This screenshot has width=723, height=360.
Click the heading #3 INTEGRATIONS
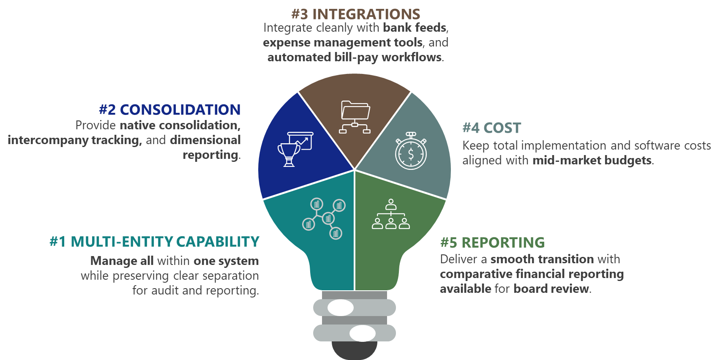(355, 14)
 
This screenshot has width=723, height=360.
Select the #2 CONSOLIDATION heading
(169, 109)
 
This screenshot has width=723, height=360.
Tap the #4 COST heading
(491, 128)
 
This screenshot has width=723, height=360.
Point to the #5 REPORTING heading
(492, 243)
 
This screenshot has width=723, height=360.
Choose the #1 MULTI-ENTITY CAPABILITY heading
(154, 241)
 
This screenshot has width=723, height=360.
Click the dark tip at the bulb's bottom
(354, 350)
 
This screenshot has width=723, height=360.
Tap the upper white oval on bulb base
(341, 308)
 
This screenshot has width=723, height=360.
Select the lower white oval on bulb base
(363, 333)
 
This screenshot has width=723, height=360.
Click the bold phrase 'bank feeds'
(415, 27)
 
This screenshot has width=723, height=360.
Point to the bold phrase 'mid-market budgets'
(592, 161)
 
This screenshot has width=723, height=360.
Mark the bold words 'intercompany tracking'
(74, 140)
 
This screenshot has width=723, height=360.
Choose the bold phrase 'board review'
(551, 289)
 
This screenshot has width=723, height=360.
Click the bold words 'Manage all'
(122, 261)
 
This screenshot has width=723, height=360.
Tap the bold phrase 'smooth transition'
(542, 259)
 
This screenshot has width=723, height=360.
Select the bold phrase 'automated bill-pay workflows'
(355, 57)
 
